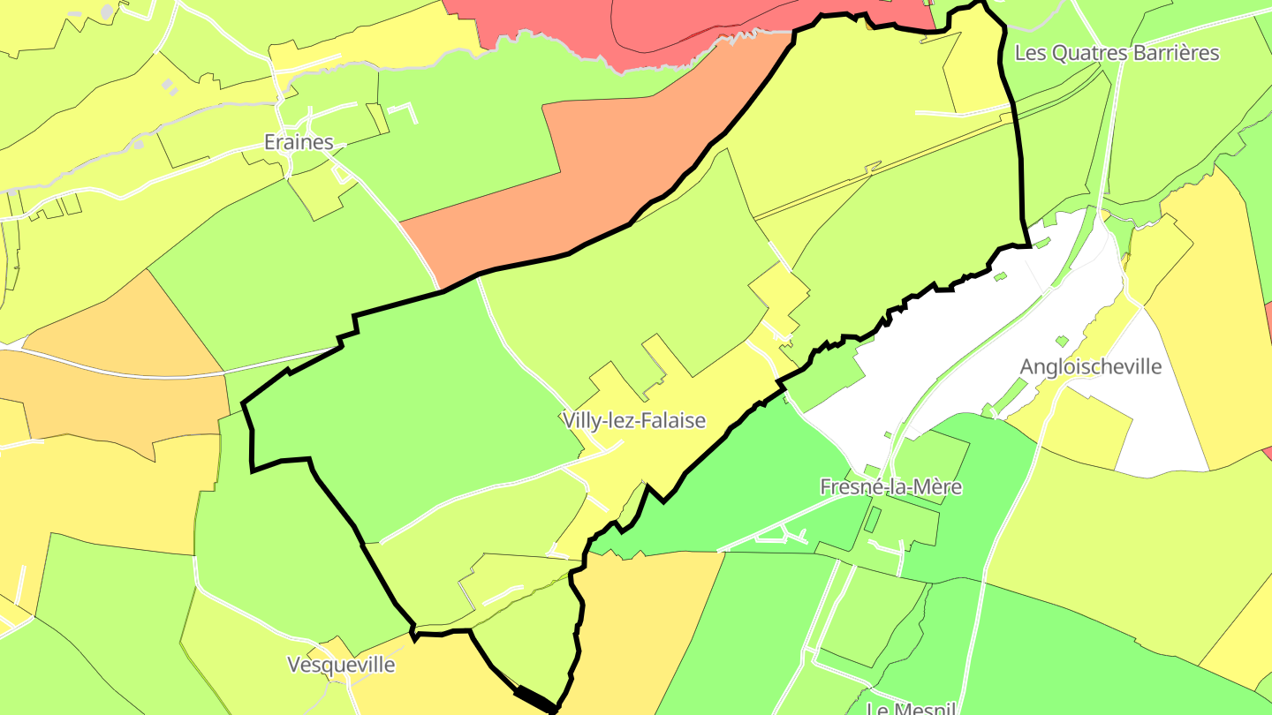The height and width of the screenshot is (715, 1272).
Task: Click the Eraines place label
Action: tap(299, 142)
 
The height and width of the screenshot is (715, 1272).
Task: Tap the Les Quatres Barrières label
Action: tap(1117, 53)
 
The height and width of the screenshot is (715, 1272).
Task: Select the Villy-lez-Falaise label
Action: tap(633, 421)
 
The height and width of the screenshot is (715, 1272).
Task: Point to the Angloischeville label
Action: tap(1090, 367)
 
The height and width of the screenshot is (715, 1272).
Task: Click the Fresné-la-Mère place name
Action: tap(890, 486)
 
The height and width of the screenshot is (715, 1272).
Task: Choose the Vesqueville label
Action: tap(341, 665)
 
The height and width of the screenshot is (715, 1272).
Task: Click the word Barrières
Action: tap(1175, 53)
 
